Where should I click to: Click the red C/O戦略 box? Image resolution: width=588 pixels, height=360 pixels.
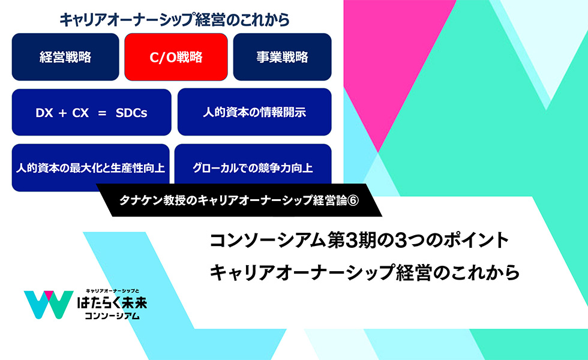pos(176,57)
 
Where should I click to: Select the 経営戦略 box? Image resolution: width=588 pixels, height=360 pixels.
pos(65,57)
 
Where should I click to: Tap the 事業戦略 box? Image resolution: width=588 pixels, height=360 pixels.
pos(282,57)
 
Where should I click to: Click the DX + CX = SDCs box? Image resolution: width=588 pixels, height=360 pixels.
pos(91,112)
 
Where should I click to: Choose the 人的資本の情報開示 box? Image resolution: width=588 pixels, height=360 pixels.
pos(254,112)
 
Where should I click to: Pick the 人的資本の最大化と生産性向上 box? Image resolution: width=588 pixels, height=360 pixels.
pos(91,167)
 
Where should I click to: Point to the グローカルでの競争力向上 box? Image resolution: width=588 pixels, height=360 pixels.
pos(253,165)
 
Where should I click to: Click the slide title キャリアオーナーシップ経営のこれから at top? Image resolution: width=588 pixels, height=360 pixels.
pos(175,20)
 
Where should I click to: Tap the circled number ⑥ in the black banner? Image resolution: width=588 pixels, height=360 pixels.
pos(353,200)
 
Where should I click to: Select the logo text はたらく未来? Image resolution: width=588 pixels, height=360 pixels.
pos(112,302)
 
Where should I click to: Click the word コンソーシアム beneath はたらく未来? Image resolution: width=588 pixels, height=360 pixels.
pos(112,316)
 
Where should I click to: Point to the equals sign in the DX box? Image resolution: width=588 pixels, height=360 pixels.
pos(102,113)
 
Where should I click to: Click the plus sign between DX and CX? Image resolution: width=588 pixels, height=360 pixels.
pos(62,113)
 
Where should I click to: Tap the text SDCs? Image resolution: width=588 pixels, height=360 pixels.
pos(131,113)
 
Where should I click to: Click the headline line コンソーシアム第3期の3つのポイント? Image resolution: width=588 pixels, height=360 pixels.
pos(359,241)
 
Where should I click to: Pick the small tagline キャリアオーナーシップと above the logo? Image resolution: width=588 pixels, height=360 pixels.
pos(113,291)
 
